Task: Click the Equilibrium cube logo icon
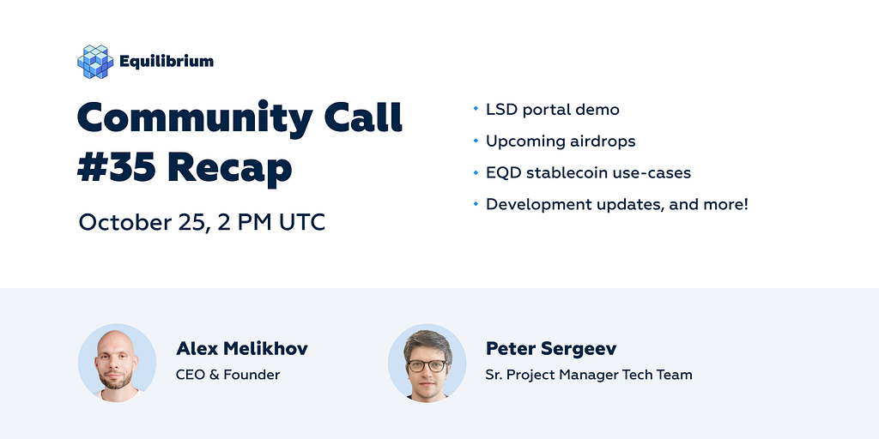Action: click(x=95, y=62)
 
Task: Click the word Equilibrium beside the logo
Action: click(x=167, y=62)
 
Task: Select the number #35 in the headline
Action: click(x=117, y=167)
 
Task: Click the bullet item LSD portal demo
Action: click(x=552, y=110)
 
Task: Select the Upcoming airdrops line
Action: click(x=561, y=141)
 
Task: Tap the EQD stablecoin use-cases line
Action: click(x=588, y=172)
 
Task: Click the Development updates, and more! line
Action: click(x=616, y=204)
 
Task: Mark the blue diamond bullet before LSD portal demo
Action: click(x=476, y=108)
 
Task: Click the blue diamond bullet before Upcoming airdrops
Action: click(x=476, y=140)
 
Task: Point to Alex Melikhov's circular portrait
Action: click(x=117, y=363)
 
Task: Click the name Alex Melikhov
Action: click(x=241, y=349)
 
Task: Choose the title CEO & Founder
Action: click(x=227, y=375)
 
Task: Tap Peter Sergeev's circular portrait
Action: click(x=427, y=363)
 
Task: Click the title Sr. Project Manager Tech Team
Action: click(x=589, y=375)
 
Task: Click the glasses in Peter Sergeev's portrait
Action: click(x=427, y=365)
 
